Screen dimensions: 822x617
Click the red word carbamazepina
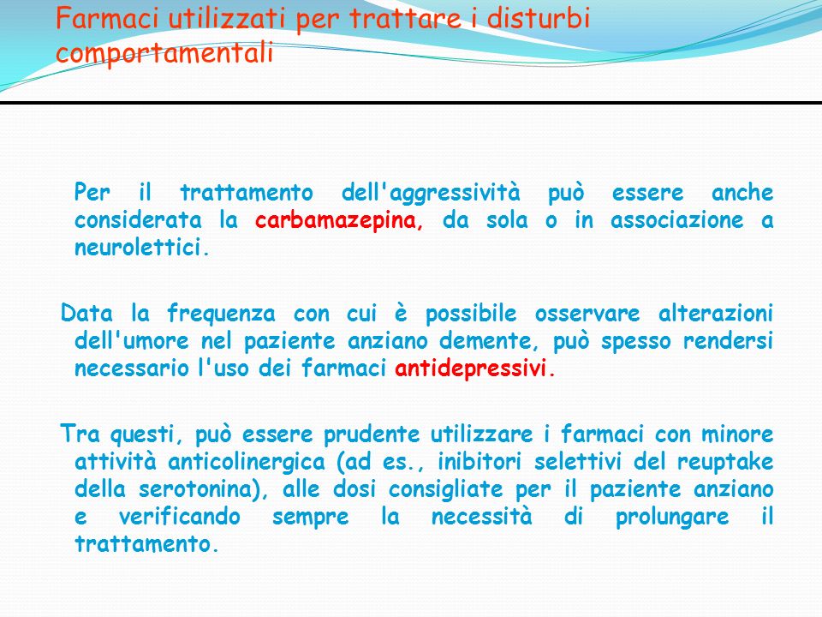338,220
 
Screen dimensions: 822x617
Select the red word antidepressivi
471,368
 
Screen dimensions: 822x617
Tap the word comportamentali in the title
164,53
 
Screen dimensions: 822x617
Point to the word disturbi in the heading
539,18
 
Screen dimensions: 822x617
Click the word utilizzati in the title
227,18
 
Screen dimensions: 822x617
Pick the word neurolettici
139,247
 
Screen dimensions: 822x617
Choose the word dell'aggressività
431,193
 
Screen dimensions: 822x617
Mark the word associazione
676,220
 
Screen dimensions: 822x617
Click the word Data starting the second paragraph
86,314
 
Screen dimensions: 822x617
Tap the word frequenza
221,314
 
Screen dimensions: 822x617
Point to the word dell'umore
132,340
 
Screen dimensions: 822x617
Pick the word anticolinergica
247,462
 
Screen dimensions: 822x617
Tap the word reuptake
725,463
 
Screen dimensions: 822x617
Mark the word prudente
372,435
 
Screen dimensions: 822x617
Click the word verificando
179,516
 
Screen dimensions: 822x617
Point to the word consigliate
445,490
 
